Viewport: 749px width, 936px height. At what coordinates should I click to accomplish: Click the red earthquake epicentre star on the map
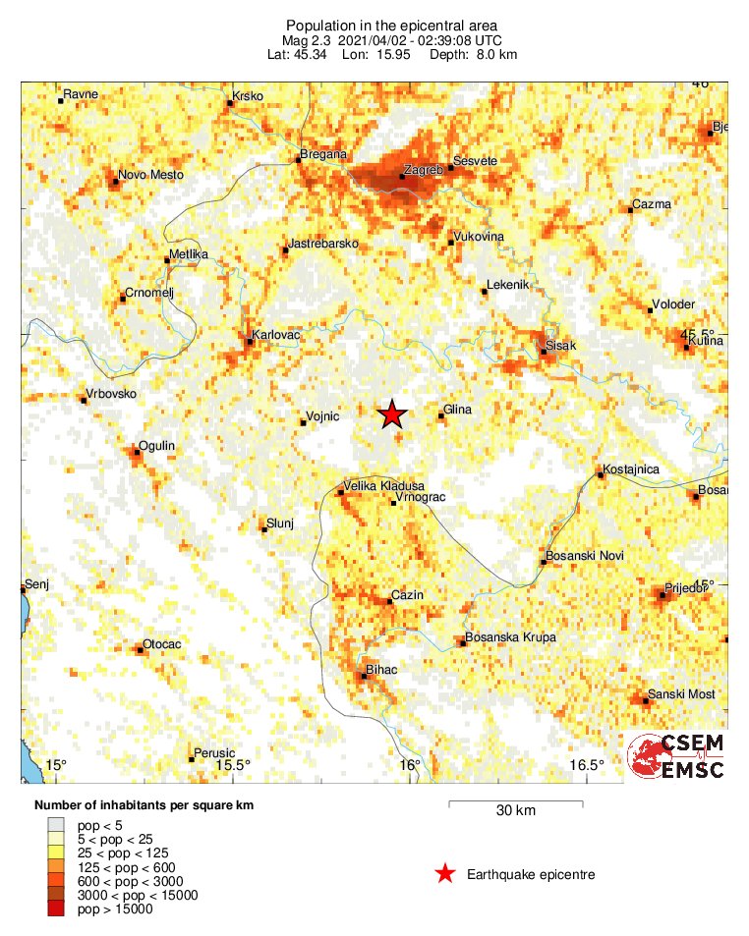pyautogui.click(x=392, y=414)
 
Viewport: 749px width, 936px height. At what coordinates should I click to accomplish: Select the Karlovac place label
pyautogui.click(x=275, y=336)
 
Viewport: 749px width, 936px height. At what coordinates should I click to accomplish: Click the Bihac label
pyautogui.click(x=380, y=669)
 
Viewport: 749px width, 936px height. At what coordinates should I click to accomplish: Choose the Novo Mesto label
pyautogui.click(x=150, y=176)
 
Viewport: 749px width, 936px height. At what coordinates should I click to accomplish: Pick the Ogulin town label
pyautogui.click(x=157, y=446)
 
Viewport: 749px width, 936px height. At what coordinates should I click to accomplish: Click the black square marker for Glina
pyautogui.click(x=441, y=416)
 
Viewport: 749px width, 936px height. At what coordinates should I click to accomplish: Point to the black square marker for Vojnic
pyautogui.click(x=303, y=422)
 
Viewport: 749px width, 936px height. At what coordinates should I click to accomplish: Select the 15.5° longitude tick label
pyautogui.click(x=232, y=765)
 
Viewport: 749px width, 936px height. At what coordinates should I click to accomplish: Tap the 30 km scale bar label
pyautogui.click(x=515, y=811)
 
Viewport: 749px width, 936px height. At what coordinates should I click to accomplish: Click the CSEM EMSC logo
pyautogui.click(x=677, y=756)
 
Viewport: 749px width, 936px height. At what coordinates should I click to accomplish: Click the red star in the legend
pyautogui.click(x=445, y=873)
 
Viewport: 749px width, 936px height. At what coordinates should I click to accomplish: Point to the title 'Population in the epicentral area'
pyautogui.click(x=392, y=25)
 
